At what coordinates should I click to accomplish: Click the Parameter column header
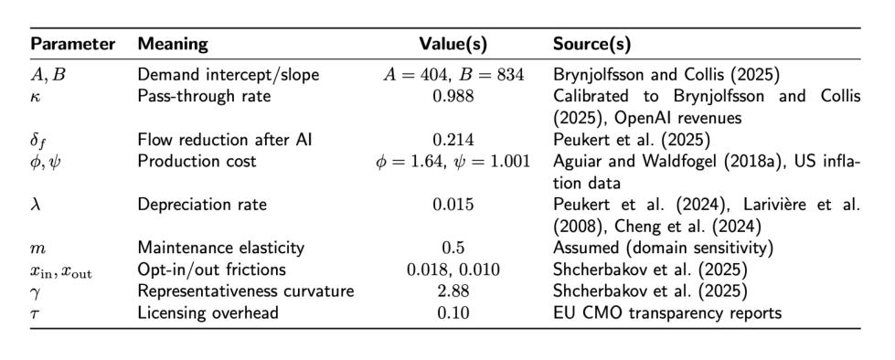[72, 44]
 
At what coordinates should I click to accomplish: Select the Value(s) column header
[453, 44]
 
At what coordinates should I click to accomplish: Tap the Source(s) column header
[591, 44]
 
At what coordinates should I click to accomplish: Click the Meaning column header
[174, 45]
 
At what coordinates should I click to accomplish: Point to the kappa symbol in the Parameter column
[34, 96]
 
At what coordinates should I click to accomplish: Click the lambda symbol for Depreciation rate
[34, 205]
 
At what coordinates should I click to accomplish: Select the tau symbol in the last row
[33, 313]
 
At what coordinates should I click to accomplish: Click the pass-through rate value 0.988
[453, 96]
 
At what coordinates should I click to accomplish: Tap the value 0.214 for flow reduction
[453, 139]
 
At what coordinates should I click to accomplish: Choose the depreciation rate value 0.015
[453, 205]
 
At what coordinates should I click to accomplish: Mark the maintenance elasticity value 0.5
[453, 248]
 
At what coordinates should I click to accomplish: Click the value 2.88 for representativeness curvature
[453, 291]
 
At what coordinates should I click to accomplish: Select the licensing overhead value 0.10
[453, 312]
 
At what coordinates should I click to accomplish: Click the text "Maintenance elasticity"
[221, 249]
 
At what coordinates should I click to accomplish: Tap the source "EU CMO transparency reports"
[666, 313]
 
